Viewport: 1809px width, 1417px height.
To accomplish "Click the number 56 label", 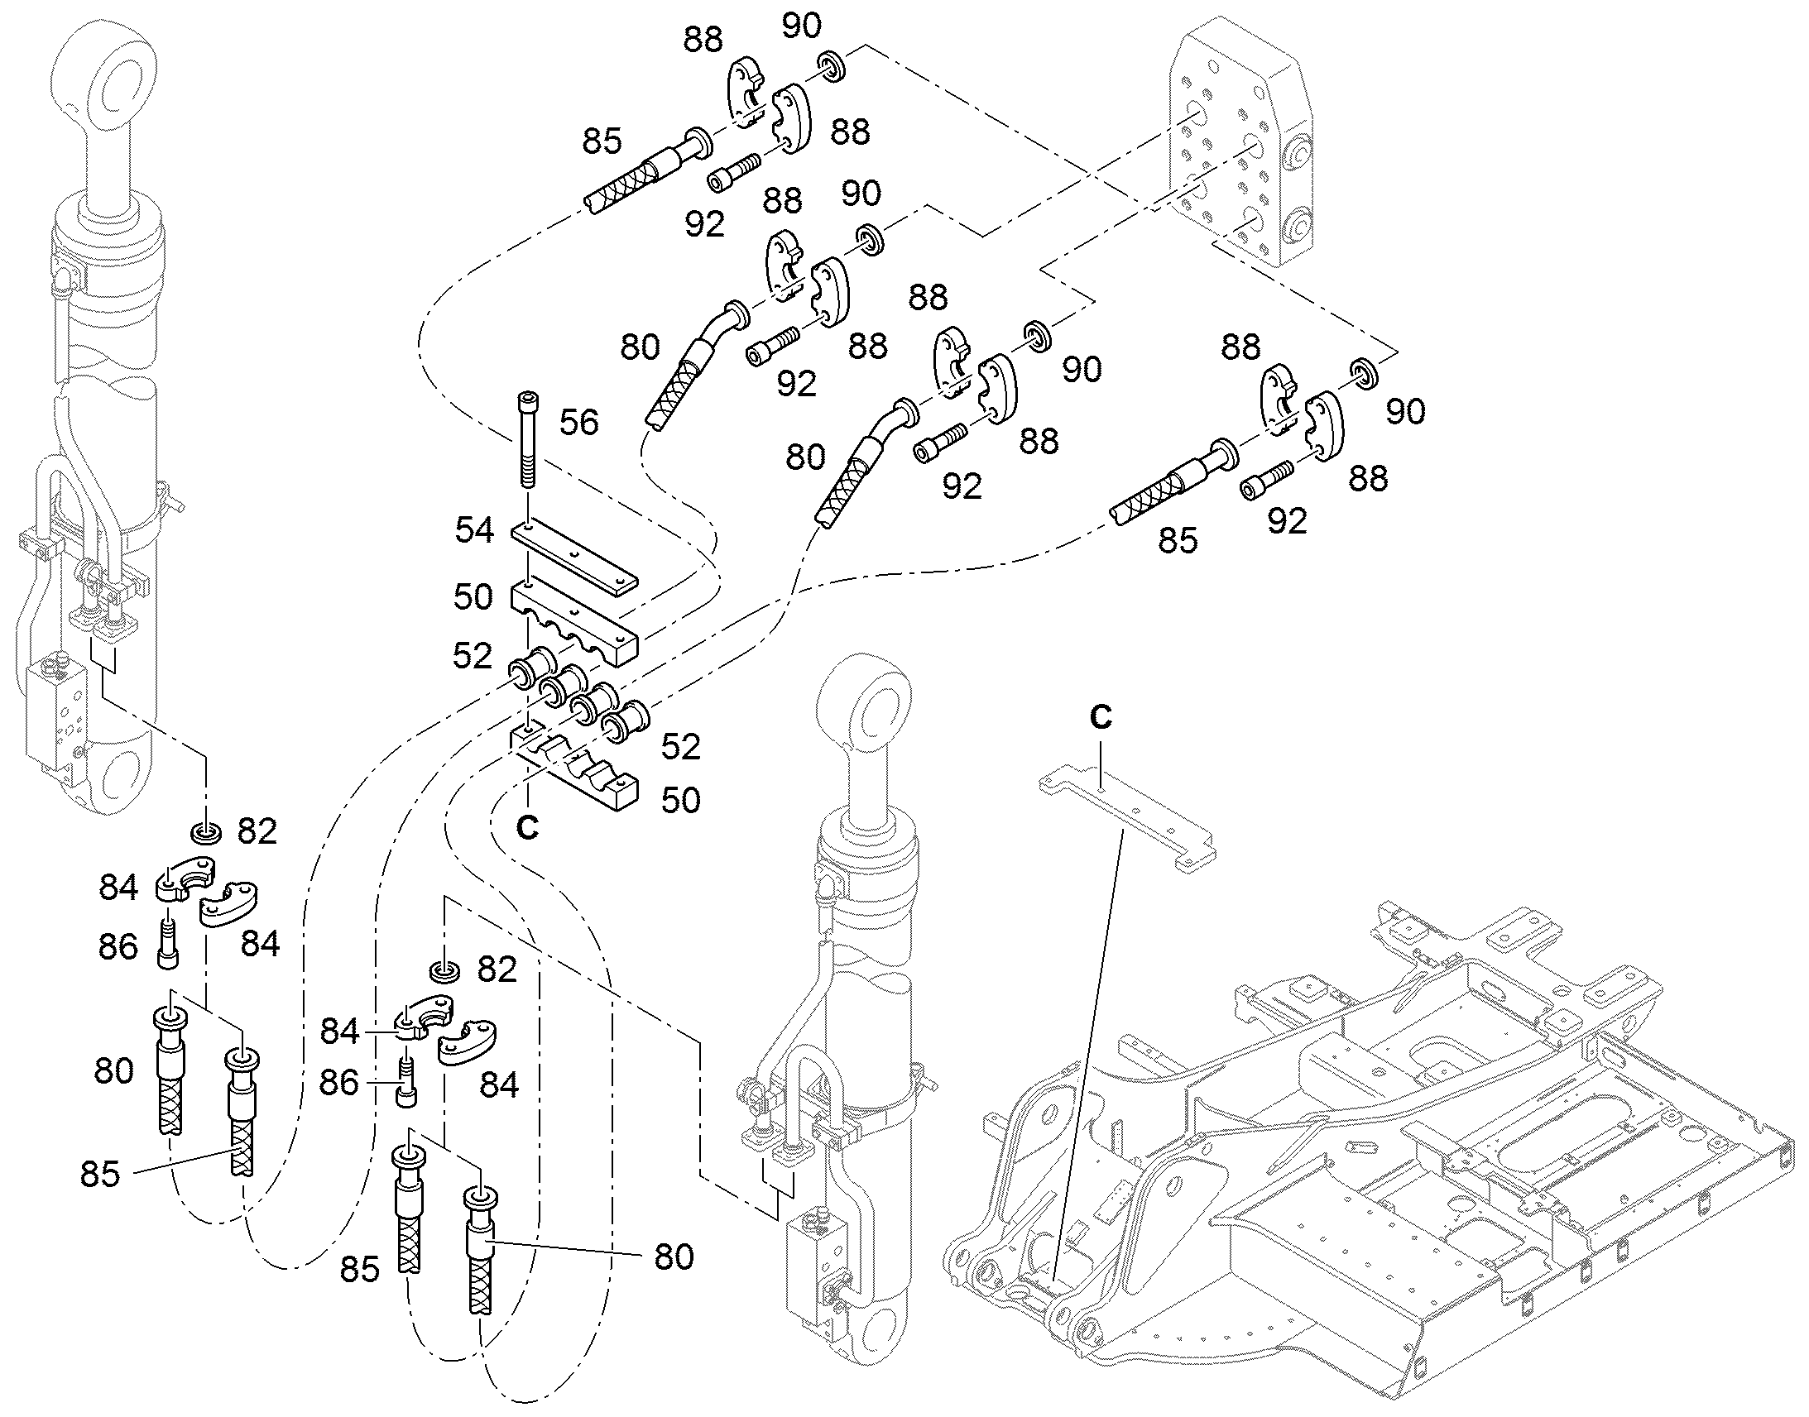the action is point(578,422).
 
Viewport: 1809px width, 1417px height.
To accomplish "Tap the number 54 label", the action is point(474,530).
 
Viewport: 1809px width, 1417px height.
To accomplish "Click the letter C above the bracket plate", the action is point(1101,717).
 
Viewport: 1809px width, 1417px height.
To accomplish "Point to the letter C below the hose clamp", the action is point(527,826).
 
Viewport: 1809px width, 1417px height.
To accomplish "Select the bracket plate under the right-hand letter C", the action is point(1128,824).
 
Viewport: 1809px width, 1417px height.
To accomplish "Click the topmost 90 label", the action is point(801,26).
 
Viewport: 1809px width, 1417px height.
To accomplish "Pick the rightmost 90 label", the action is point(1405,410).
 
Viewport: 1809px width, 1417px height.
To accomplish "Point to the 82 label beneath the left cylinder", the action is point(257,831).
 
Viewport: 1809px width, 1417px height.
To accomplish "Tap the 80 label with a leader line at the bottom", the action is point(673,1257).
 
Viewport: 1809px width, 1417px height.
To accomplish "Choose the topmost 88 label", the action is point(703,40).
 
